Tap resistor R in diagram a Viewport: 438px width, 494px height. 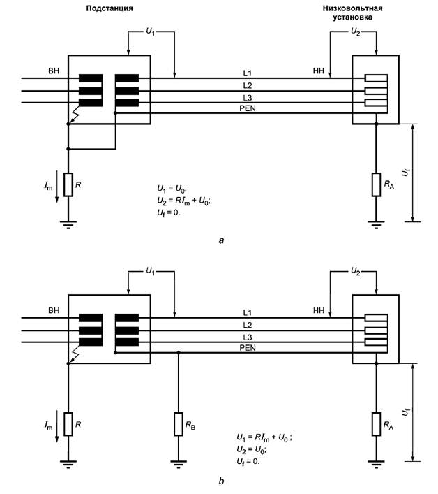point(68,184)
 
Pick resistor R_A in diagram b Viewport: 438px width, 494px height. point(377,423)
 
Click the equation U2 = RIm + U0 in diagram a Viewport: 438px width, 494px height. point(184,200)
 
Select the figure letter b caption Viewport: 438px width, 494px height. point(221,481)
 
